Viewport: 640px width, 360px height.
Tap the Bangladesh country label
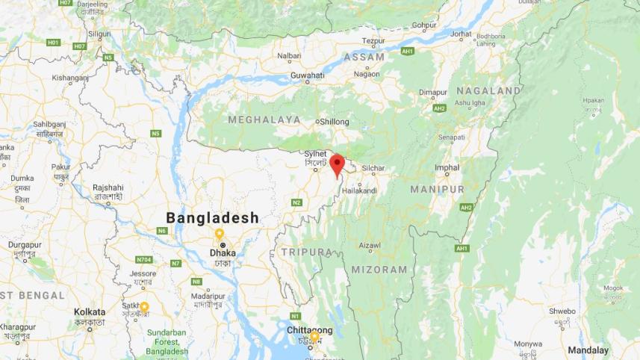(212, 218)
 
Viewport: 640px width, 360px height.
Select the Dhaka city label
(223, 253)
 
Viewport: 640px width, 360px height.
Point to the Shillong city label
(334, 121)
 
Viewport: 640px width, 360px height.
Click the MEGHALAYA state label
(264, 120)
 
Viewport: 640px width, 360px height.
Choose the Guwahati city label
(307, 75)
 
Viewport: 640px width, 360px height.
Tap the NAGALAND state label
(488, 90)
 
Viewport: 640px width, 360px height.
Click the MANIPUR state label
(437, 190)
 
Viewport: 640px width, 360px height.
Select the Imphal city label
(447, 167)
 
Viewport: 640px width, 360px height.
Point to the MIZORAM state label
(380, 270)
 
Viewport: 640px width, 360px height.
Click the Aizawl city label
(370, 245)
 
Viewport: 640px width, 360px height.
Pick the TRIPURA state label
(306, 252)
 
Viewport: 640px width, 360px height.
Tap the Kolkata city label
(90, 311)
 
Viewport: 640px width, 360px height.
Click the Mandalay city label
(588, 350)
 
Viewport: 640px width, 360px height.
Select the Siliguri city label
(99, 34)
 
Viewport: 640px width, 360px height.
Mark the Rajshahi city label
(108, 187)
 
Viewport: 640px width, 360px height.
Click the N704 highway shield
(143, 259)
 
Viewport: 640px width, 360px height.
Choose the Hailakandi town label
(359, 191)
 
